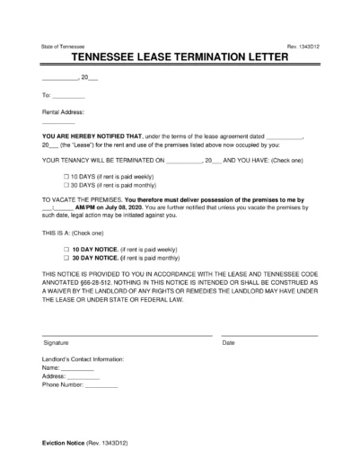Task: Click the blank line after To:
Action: pyautogui.click(x=68, y=94)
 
